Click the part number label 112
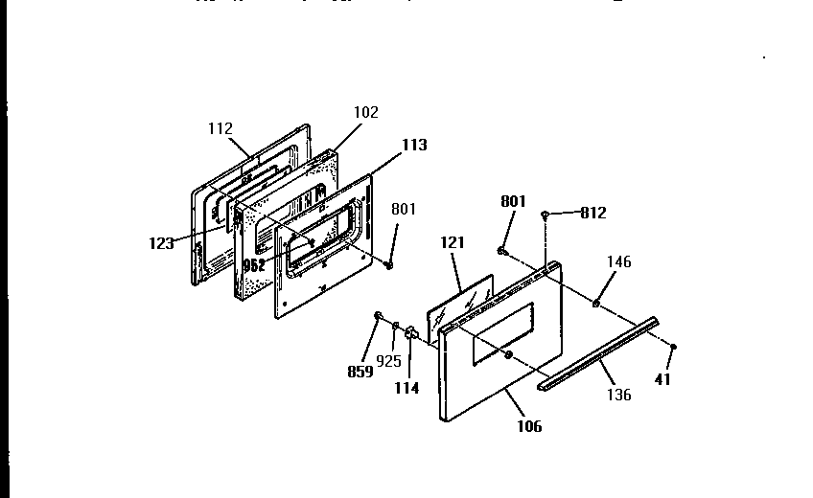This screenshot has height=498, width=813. point(220,128)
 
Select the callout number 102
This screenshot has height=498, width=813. point(365,112)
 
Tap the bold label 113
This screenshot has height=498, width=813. point(414,146)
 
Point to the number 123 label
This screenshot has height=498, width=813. point(160,243)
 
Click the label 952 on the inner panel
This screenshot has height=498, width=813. point(254,265)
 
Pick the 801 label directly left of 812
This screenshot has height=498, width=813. point(513,201)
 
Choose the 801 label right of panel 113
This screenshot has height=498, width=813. point(404,209)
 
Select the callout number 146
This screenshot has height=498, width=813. point(619,260)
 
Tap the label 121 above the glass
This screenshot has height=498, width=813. point(452,244)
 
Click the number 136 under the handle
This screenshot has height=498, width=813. point(619,395)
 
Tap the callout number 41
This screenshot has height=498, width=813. point(662,379)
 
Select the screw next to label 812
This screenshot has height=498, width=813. point(545,215)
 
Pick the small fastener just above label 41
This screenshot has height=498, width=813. point(674,347)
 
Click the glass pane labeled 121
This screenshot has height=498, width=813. point(465,305)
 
